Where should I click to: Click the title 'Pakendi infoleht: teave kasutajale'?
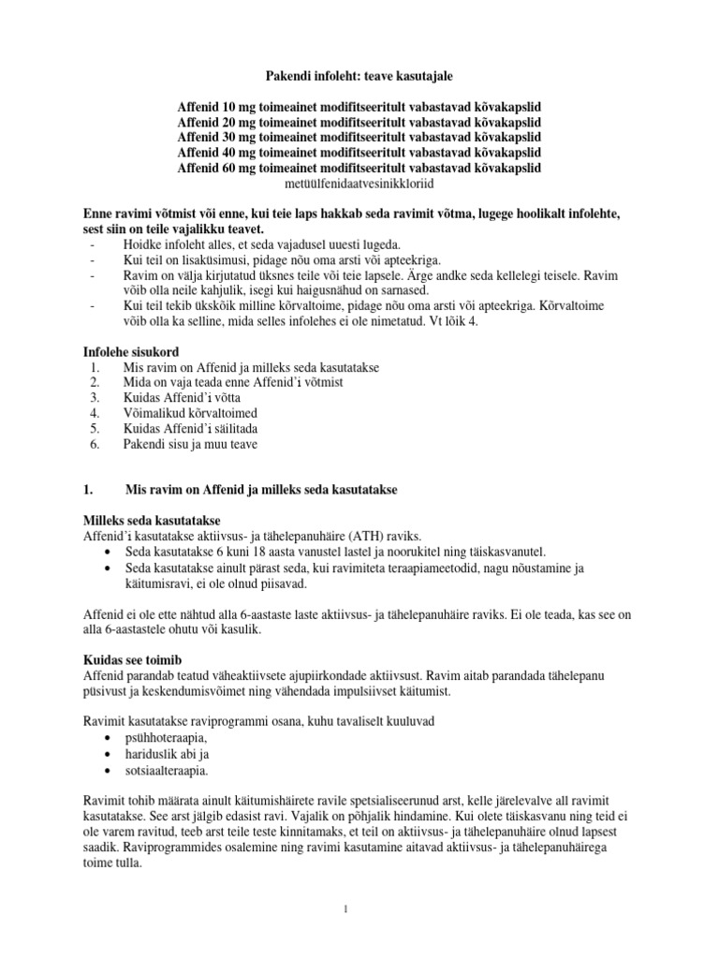(x=359, y=81)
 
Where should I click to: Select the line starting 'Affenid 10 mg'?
(x=359, y=108)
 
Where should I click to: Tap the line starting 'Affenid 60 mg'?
(x=359, y=168)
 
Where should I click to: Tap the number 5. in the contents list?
(x=91, y=428)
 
